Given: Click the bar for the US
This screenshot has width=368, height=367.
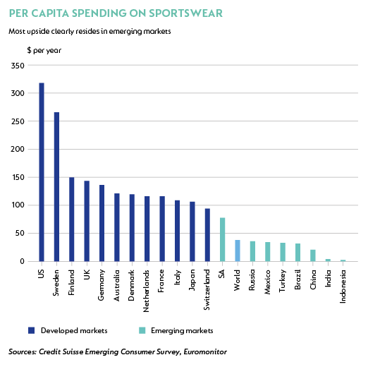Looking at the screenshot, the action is (42, 172).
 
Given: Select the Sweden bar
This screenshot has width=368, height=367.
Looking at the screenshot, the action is (56, 187).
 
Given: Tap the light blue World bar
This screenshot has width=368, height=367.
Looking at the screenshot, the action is (238, 251).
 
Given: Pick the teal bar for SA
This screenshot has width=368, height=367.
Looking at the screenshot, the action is (223, 239).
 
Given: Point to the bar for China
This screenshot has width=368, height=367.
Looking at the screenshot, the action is (313, 255).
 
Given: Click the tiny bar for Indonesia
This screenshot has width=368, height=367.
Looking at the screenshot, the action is (343, 260).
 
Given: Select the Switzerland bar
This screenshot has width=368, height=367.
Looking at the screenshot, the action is (207, 235).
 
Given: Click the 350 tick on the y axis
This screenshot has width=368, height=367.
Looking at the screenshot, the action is (18, 66).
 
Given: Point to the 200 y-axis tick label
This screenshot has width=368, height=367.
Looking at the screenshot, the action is (18, 149).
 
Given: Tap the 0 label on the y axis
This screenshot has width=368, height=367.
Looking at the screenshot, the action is (22, 261).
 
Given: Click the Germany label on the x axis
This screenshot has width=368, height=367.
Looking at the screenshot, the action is (101, 285).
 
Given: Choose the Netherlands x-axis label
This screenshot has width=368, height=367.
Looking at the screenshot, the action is (146, 291).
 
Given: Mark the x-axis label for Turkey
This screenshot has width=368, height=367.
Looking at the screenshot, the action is (283, 281).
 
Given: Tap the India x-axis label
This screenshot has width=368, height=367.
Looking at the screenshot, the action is (328, 278).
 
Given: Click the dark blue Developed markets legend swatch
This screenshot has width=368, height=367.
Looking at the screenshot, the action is (31, 330).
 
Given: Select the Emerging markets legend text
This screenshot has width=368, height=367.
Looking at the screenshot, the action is (182, 331).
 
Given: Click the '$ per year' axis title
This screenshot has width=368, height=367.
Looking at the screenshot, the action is (44, 50).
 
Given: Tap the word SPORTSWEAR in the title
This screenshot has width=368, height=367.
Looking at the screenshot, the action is (185, 13).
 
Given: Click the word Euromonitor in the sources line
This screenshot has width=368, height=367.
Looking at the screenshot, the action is (205, 351).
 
